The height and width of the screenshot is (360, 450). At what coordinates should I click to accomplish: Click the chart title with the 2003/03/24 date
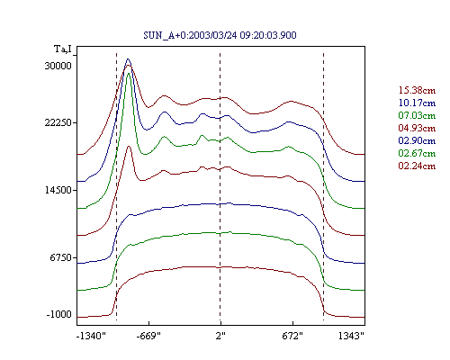(220, 35)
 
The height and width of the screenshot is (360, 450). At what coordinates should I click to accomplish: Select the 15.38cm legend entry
(417, 90)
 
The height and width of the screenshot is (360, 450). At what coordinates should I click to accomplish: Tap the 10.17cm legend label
(417, 103)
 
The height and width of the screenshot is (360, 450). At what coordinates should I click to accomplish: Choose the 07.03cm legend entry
(417, 115)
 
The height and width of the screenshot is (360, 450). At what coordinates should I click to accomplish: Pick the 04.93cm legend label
(417, 128)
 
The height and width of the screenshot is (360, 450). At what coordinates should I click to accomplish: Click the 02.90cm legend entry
(417, 140)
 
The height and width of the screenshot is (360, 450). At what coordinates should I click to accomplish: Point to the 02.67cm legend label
(417, 153)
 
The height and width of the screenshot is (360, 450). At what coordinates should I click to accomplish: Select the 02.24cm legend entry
(417, 166)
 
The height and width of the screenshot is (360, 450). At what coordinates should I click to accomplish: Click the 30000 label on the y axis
(58, 66)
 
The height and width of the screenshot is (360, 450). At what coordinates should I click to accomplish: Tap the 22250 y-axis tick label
(58, 122)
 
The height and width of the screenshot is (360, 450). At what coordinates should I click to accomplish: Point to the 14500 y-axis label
(58, 190)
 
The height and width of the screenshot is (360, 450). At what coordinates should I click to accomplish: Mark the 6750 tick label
(61, 257)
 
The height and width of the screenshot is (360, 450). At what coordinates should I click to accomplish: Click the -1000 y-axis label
(59, 314)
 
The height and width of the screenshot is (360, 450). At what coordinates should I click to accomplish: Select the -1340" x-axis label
(92, 336)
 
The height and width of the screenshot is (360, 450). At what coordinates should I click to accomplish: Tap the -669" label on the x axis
(148, 336)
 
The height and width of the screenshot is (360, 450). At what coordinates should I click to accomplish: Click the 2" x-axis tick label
(220, 336)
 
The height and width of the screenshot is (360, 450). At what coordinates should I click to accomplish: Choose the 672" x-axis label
(292, 336)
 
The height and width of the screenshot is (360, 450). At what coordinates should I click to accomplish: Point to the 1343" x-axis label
(351, 336)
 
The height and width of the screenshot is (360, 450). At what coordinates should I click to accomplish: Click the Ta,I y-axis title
(63, 49)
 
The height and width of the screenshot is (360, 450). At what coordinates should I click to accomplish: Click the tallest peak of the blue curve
(128, 58)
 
